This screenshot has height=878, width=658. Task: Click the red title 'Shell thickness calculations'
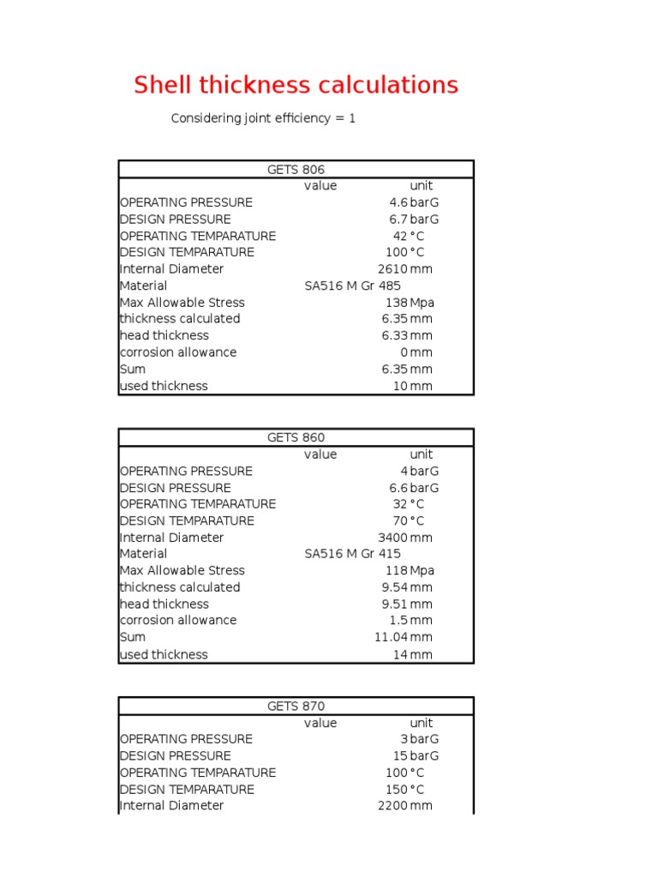coord(296,85)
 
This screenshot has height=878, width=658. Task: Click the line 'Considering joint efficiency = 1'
coord(263,118)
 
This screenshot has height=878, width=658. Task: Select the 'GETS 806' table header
coord(296,170)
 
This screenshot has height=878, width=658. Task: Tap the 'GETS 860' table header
coord(296,438)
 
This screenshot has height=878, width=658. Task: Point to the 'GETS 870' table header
coord(296,707)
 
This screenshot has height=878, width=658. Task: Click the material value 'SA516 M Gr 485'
coord(352,286)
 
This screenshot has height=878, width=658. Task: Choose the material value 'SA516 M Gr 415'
coord(352,554)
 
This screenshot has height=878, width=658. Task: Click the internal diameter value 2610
coord(392,269)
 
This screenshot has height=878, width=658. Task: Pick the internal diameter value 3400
coord(392,538)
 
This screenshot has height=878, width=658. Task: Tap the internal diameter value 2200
coord(392,806)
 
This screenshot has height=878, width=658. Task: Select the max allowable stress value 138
coord(396,303)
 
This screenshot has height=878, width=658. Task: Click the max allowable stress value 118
coord(396,571)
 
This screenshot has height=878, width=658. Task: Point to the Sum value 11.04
coord(391,637)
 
